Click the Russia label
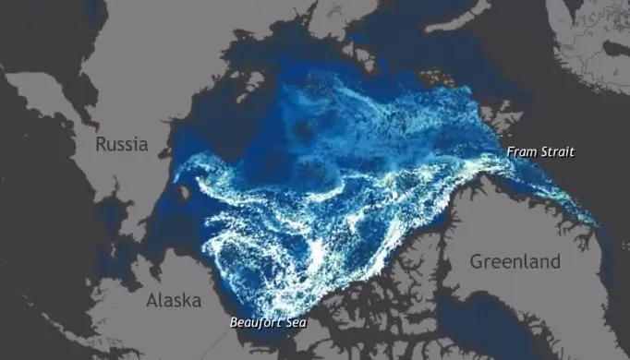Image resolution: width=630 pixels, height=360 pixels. click(122, 145)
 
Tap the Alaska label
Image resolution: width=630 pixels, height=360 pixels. click(174, 301)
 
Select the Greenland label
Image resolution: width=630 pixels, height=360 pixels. click(515, 261)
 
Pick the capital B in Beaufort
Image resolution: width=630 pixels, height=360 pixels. click(234, 323)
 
